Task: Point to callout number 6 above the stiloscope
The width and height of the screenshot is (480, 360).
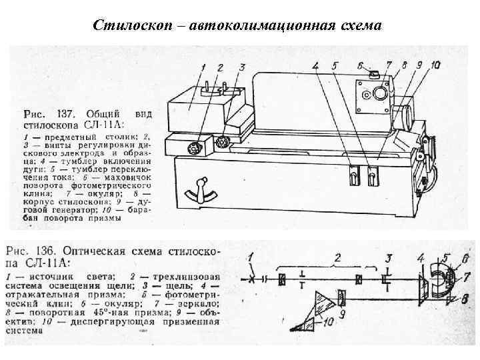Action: click(x=360, y=65)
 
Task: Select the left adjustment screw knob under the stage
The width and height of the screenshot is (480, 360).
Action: click(x=195, y=147)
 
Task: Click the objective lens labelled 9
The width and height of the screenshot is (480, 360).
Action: click(x=341, y=296)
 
